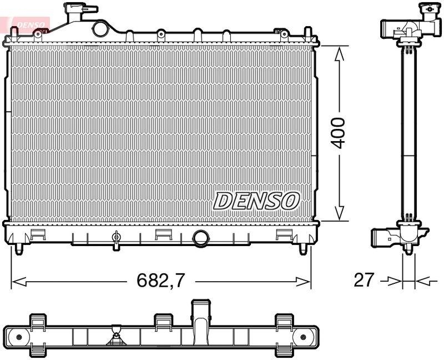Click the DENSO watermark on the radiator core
click(256, 201)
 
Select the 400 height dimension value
click(339, 132)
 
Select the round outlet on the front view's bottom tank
click(200, 238)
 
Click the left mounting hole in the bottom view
click(19, 337)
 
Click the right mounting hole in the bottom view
click(304, 337)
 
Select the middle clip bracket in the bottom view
click(163, 333)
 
